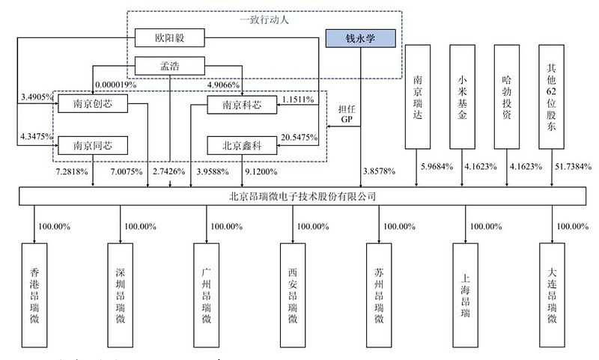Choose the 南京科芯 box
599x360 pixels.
[x=243, y=105]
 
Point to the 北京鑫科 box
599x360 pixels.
[x=243, y=144]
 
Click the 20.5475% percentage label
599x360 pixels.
[x=299, y=137]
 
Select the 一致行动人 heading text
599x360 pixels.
[x=264, y=20]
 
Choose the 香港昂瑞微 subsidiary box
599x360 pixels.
[x=34, y=295]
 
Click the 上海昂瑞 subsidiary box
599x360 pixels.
[x=466, y=295]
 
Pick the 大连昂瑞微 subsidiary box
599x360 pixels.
[x=552, y=295]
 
